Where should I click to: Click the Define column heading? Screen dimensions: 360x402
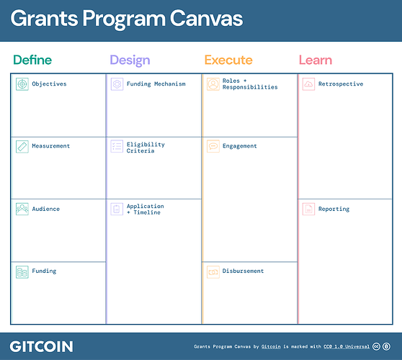pos(32,60)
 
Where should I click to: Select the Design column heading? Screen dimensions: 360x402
pos(130,60)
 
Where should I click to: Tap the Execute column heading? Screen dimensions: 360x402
pos(228,60)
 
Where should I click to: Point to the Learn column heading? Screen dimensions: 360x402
pos(316,60)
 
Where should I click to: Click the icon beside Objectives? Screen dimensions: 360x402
pos(22,84)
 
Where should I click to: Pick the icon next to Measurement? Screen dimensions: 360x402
pos(22,146)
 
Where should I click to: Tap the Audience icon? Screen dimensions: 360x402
pos(22,209)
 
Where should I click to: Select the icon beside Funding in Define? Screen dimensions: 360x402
pos(22,271)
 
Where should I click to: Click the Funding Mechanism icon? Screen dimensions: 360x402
pos(117,84)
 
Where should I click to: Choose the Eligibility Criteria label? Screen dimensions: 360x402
pos(146,148)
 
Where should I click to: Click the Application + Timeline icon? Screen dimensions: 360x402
pos(117,209)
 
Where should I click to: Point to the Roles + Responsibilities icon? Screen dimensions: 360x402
pos(213,84)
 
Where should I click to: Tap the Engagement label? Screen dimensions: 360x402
pos(240,146)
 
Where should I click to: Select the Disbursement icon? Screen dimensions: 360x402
pos(213,271)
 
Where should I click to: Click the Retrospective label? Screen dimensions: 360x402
pos(340,84)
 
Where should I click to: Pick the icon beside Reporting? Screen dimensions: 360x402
pos(308,209)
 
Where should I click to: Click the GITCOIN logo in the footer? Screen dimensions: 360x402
pos(41,346)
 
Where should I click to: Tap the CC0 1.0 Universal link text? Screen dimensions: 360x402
pos(346,346)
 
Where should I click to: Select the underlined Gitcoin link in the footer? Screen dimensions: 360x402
pos(271,346)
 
